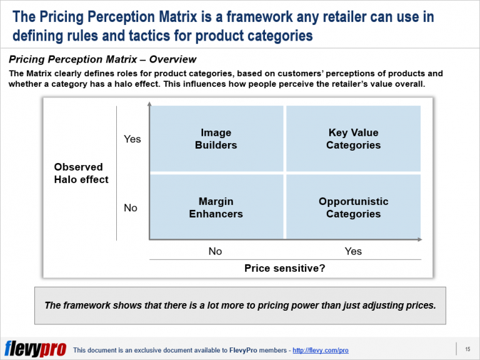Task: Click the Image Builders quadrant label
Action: pos(216,139)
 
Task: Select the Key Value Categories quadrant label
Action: pos(353,139)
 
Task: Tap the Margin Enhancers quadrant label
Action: pos(216,207)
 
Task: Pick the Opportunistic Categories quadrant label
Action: pos(353,207)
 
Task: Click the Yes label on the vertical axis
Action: pos(132,139)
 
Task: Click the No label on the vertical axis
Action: pos(131,207)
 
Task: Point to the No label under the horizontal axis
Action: pos(215,251)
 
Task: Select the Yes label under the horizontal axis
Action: pos(353,251)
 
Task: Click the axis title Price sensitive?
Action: pos(284,268)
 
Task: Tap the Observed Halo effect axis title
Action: pos(81,173)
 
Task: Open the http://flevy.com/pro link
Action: pos(320,351)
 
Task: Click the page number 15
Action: pos(467,348)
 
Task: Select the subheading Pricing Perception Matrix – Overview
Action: pos(102,60)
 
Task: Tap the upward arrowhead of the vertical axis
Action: pos(149,107)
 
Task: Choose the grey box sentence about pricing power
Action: pos(240,306)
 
